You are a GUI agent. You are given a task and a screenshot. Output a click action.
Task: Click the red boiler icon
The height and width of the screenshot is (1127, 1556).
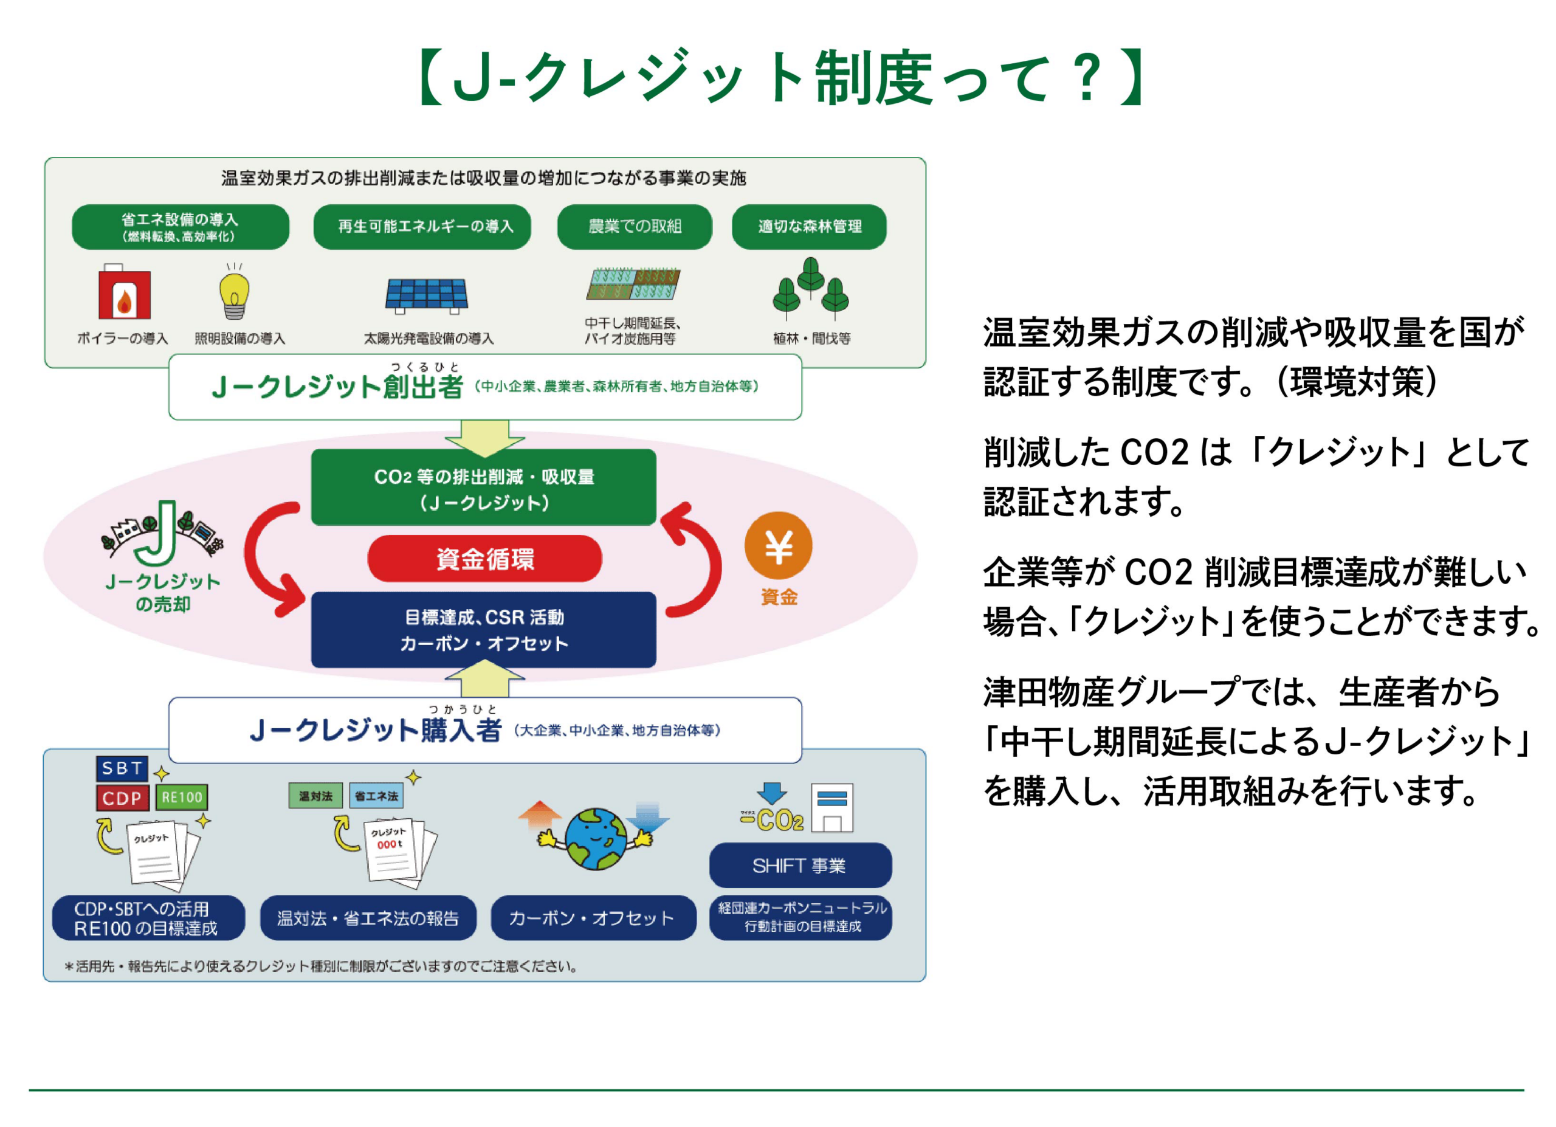[x=124, y=293]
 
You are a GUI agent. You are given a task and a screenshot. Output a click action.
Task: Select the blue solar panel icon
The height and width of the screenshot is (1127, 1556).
[x=426, y=295]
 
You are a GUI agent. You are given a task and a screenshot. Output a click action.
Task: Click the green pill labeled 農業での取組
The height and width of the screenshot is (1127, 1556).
[x=634, y=226]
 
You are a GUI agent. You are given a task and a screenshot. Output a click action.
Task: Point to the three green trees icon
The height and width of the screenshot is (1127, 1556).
[x=810, y=288]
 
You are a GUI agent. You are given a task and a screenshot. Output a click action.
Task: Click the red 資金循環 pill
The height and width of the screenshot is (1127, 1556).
[x=484, y=559]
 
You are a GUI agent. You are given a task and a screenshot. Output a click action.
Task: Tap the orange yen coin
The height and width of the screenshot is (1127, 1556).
[x=778, y=546]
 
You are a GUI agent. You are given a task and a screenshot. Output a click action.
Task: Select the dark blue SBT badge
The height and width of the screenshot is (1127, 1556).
[x=122, y=768]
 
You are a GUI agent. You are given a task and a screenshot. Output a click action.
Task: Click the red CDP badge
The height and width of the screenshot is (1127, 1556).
[x=122, y=798]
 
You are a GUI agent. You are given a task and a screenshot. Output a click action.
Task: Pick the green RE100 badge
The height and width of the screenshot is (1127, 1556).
[x=182, y=797]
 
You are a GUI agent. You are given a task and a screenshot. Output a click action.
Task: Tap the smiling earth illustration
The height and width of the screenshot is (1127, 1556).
[x=596, y=838]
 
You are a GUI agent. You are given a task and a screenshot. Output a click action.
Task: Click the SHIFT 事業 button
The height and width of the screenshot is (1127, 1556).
[x=800, y=866]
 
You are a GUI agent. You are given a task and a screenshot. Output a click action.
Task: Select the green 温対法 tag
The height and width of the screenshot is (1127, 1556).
[x=315, y=796]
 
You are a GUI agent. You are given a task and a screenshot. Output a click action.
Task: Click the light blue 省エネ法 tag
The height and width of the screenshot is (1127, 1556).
[x=376, y=796]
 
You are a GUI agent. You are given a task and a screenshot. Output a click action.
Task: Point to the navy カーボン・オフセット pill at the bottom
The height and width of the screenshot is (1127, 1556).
[x=593, y=918]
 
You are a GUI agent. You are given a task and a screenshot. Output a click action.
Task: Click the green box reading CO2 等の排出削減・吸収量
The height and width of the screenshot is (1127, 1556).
[x=483, y=488]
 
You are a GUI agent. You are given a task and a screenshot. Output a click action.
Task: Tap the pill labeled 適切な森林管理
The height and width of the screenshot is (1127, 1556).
[x=809, y=226]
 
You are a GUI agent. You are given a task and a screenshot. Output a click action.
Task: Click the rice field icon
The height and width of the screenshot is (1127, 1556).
[x=633, y=284]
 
